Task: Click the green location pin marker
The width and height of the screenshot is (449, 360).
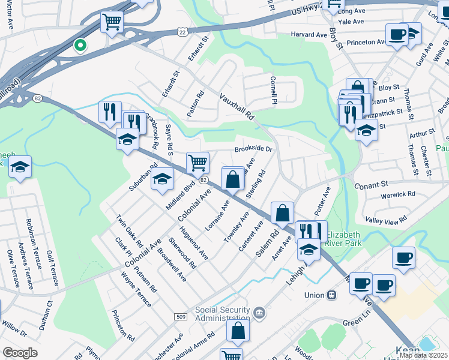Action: coord(79,46)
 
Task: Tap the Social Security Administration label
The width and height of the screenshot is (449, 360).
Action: coord(222,314)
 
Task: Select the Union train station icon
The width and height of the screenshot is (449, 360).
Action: coord(331,295)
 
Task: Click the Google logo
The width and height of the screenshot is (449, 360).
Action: coord(20,353)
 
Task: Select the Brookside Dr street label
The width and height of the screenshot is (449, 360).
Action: coord(253,148)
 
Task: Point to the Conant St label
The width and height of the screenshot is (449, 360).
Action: coord(372,185)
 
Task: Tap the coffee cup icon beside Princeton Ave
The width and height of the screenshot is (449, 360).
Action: coord(396,34)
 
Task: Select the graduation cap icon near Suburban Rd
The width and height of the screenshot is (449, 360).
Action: coord(162,179)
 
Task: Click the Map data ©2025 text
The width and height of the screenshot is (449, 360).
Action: coord(423,355)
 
